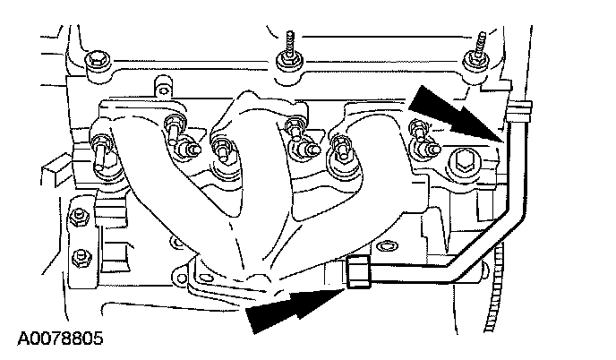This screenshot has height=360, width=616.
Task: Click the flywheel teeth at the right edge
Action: point(492,287)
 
